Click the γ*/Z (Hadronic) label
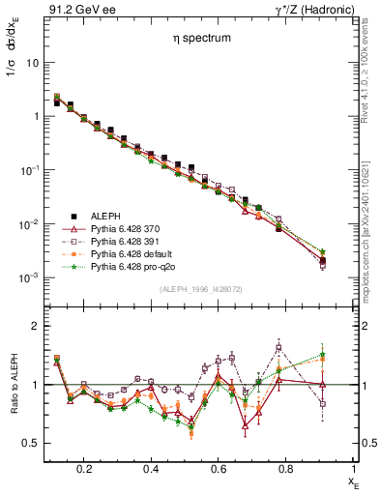319,9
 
